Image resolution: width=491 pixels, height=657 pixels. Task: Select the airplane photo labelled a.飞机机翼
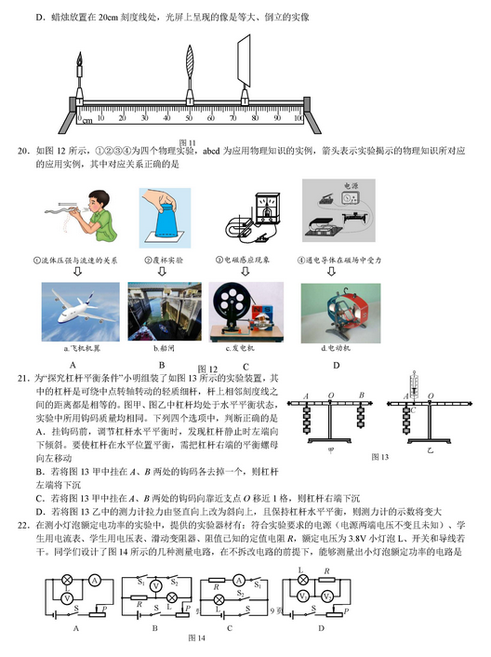(x=81, y=312)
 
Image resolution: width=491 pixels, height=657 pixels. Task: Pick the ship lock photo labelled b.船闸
(x=162, y=312)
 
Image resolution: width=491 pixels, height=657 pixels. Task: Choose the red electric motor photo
(x=333, y=312)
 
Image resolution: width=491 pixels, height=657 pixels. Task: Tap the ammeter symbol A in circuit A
(x=96, y=579)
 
